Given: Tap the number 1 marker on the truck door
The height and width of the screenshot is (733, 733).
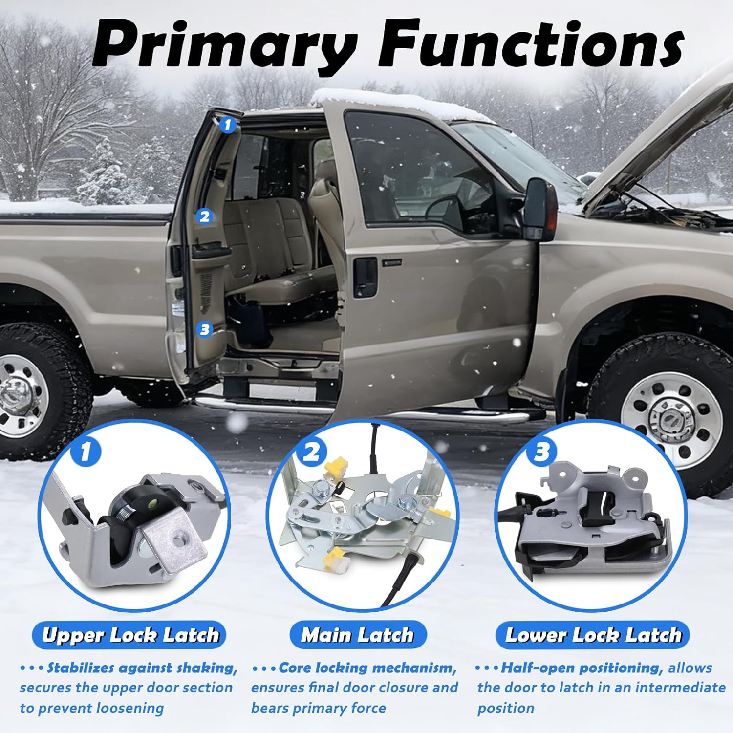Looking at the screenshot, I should tap(227, 125).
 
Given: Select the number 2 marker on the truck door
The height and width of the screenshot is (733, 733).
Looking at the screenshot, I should tap(205, 216).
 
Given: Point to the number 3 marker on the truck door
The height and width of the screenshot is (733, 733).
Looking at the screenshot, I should tap(205, 329).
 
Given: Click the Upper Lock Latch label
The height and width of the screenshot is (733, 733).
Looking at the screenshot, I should tap(130, 635).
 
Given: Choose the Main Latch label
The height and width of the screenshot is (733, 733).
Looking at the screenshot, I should tap(358, 635).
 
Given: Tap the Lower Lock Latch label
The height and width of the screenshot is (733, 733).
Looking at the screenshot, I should tap(593, 635).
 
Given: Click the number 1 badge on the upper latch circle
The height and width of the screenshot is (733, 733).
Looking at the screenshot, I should tap(86, 451).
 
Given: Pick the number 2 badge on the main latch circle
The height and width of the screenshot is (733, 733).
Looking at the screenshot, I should tap(312, 452).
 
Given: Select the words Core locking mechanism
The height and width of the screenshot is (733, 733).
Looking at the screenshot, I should tap(367, 668).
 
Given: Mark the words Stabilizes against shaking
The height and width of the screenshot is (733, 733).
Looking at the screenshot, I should tap(142, 668).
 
